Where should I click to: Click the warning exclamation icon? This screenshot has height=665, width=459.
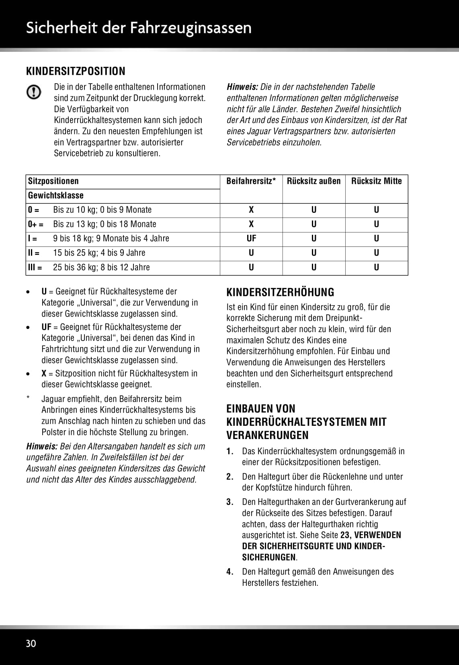coord(34,92)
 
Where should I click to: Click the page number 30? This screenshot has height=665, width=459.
coord(31,643)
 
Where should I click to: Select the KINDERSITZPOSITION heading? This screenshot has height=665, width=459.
coord(76,71)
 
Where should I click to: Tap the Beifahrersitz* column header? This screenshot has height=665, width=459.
coord(251,181)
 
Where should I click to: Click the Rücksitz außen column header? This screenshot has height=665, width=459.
coord(314,181)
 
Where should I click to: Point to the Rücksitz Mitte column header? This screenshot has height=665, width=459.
coord(376,181)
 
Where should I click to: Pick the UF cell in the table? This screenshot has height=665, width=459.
coord(251,238)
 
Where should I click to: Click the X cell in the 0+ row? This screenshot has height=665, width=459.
coord(251,224)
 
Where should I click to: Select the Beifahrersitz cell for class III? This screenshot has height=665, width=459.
coord(251,267)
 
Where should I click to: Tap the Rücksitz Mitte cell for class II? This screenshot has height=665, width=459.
coord(376,253)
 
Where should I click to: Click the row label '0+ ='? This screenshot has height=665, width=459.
coord(35,224)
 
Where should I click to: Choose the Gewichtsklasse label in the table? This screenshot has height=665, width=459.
coord(55,195)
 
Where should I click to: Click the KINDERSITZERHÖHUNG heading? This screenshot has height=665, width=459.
coord(280,292)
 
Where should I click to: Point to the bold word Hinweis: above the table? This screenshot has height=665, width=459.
coord(242,87)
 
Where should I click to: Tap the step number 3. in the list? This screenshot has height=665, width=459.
coord(230,502)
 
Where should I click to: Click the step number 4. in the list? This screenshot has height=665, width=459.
coord(230,572)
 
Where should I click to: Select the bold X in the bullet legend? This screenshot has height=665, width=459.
coord(44,374)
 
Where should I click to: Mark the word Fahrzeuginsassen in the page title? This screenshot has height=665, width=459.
coord(191,28)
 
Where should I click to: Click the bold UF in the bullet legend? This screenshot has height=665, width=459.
coord(46,327)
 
